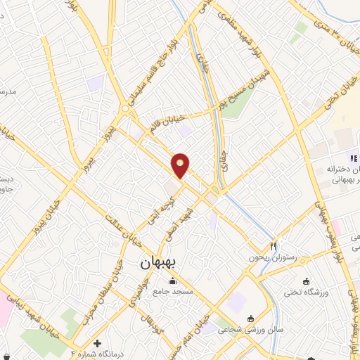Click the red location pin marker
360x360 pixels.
[x=181, y=165]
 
